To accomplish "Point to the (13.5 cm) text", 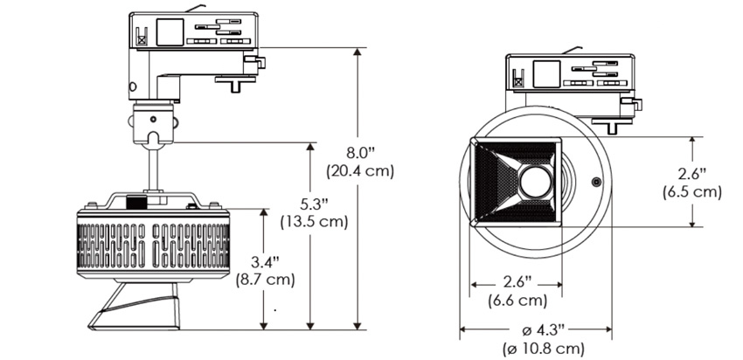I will pyautogui.click(x=311, y=221).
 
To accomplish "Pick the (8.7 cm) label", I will pyautogui.click(x=266, y=280).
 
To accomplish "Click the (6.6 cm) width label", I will pyautogui.click(x=517, y=301).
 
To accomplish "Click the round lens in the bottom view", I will pyautogui.click(x=535, y=181).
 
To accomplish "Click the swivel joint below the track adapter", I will pyautogui.click(x=154, y=121).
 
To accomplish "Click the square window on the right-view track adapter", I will pyautogui.click(x=548, y=73).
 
